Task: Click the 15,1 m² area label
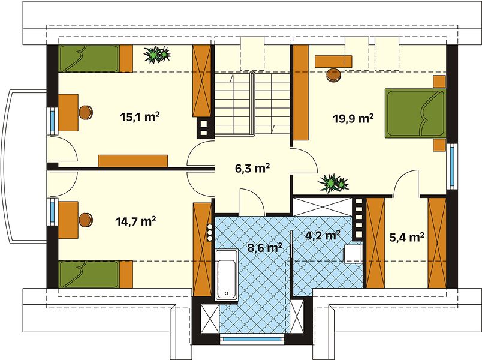coord(140,117)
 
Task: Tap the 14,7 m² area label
coord(135,221)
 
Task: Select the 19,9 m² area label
coord(354,118)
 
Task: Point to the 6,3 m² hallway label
coord(252,169)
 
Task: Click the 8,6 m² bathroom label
coord(265,248)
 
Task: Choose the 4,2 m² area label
coord(323,235)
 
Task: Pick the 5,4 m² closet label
coord(407,237)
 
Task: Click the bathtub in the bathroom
coord(227,275)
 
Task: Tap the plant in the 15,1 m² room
coord(157,55)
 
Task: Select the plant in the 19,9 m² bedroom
coord(333,183)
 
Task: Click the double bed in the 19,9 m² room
coord(415,113)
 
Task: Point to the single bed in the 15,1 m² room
coord(95,58)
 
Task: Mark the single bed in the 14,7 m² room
coord(95,274)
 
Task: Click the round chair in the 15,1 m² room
coord(86,112)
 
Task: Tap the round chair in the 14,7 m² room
coord(86,220)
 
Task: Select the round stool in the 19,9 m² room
coord(333,76)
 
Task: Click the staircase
coord(252,104)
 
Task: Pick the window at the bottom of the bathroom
coord(252,339)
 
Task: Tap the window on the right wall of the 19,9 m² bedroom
coord(452,167)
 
